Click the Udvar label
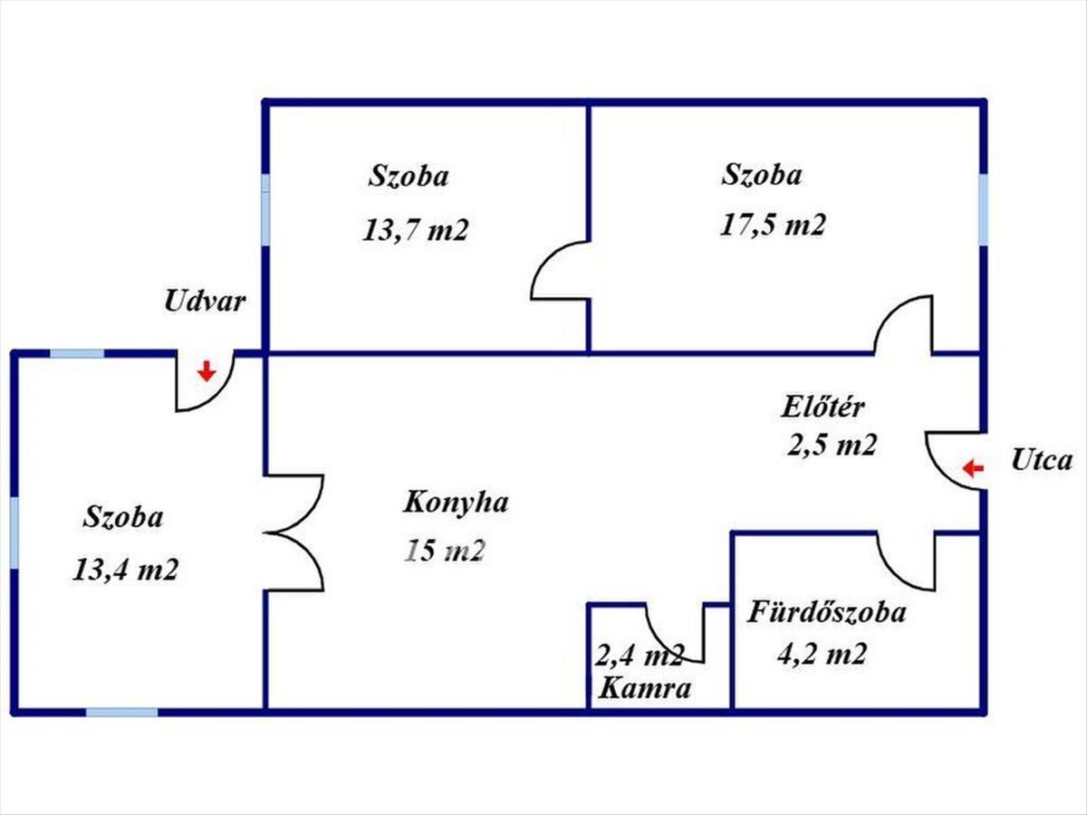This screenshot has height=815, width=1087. click(x=205, y=302)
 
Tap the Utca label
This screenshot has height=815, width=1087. click(x=1042, y=460)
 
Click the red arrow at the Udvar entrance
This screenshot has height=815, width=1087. click(x=207, y=370)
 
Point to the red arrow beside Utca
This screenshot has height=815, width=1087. click(x=973, y=468)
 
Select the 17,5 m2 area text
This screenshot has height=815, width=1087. click(x=773, y=225)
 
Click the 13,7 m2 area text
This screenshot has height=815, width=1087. click(x=415, y=230)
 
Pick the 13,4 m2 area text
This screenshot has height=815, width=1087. click(x=125, y=570)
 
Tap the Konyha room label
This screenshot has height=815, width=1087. click(x=456, y=503)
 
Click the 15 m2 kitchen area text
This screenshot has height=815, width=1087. click(x=444, y=551)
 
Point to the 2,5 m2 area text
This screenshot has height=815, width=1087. click(x=832, y=445)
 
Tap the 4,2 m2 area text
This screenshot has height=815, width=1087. click(x=822, y=654)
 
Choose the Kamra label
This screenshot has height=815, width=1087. click(x=644, y=688)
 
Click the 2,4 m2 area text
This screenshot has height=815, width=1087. click(x=640, y=656)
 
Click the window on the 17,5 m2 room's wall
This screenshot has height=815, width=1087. click(x=983, y=209)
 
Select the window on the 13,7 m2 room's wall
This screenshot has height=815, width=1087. click(x=265, y=209)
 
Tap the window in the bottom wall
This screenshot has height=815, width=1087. click(x=121, y=713)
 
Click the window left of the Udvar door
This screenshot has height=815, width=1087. click(x=77, y=353)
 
